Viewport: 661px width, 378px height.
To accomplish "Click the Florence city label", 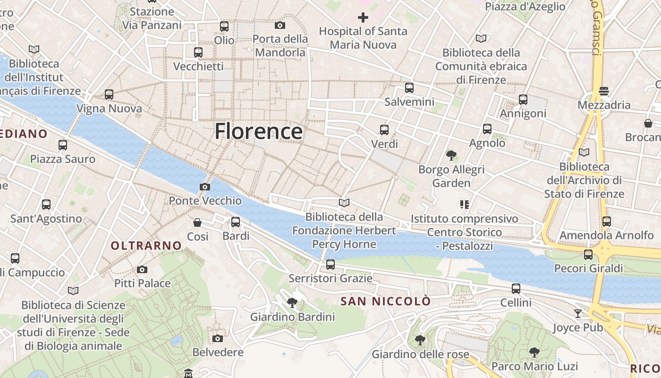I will tap(259, 131).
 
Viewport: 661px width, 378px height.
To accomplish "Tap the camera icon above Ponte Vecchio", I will tap(204, 187).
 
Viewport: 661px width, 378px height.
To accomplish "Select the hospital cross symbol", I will tap(363, 17).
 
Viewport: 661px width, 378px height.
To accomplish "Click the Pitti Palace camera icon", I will tap(142, 269).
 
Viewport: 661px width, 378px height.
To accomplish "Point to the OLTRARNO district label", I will tap(146, 246).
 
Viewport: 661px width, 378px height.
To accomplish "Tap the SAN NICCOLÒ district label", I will tap(386, 301).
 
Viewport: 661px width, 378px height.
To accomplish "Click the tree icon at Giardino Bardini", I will tap(292, 303).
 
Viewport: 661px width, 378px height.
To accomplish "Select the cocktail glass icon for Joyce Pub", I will tap(577, 313).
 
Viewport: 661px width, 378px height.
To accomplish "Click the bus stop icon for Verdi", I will tap(384, 129).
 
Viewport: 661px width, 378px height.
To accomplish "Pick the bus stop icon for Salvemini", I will tap(409, 87).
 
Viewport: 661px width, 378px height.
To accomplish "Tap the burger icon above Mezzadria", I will tap(603, 91).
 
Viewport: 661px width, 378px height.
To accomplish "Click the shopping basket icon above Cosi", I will tap(197, 222).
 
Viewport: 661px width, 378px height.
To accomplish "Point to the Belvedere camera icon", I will tap(218, 338).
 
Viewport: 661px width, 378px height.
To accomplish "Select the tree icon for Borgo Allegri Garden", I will tap(451, 155).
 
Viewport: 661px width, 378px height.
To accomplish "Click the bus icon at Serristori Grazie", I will tap(330, 264).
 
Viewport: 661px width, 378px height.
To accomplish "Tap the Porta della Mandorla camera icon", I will tap(280, 25).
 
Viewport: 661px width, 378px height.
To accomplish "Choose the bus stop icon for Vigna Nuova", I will tap(109, 94).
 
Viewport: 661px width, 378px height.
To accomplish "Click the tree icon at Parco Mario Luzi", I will tap(534, 352).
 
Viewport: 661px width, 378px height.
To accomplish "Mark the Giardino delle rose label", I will tap(420, 354).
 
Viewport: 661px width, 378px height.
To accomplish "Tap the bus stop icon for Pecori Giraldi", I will tap(588, 254).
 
